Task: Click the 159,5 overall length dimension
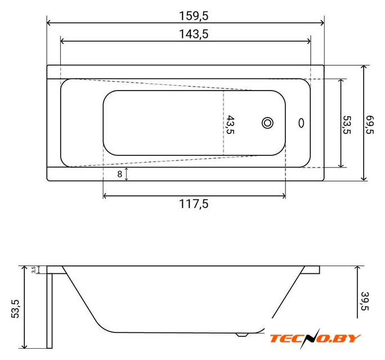(x=194, y=16)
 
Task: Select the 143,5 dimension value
(x=194, y=34)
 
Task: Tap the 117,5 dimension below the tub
(x=194, y=204)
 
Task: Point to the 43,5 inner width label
(x=230, y=125)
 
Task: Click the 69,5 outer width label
(x=370, y=125)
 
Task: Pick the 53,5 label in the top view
(x=347, y=125)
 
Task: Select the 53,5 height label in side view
(x=15, y=309)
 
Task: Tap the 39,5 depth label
(x=365, y=301)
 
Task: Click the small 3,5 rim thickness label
(x=34, y=269)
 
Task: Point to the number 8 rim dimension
(x=119, y=174)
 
